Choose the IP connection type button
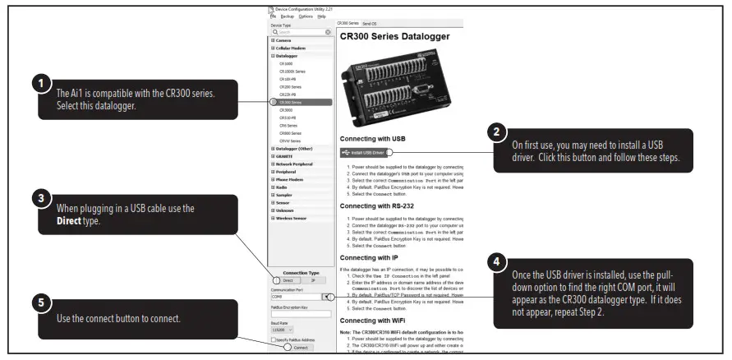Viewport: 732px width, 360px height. [312, 280]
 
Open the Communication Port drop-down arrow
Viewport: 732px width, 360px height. [326, 297]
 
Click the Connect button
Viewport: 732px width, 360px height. [299, 348]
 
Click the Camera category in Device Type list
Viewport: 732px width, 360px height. [283, 40]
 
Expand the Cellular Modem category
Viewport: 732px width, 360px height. [292, 48]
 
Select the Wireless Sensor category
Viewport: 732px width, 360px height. [293, 218]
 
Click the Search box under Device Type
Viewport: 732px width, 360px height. [300, 32]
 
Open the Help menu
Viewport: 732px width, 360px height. [321, 16]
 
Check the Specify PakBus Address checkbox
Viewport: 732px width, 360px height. [273, 339]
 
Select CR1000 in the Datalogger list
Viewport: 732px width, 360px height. [287, 62]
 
